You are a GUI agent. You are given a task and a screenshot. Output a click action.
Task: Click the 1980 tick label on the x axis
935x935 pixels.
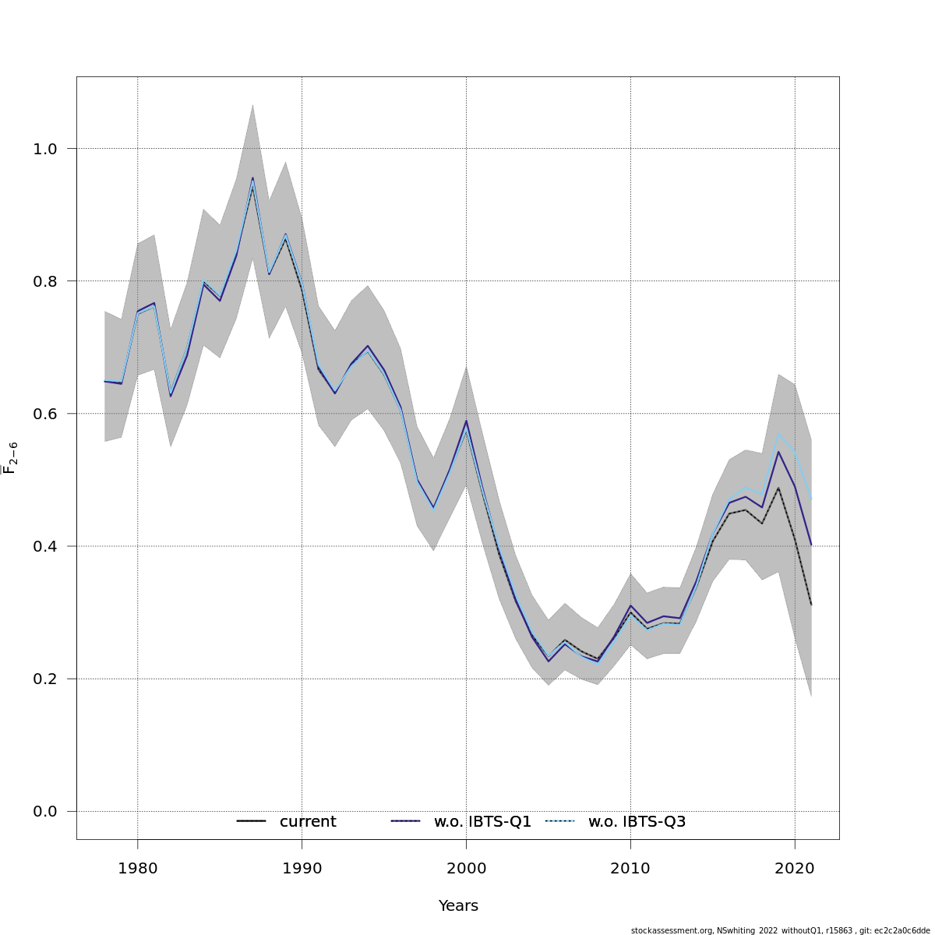point(137,867)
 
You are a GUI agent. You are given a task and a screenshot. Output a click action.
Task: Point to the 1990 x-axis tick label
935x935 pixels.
point(302,867)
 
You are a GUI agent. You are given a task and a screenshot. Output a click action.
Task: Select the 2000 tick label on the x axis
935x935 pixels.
point(466,867)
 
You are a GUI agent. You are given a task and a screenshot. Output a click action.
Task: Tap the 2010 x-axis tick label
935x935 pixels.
point(630,867)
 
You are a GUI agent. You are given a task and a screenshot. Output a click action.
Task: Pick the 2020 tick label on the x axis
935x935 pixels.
point(795,867)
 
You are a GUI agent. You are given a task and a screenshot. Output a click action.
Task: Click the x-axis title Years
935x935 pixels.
point(458,906)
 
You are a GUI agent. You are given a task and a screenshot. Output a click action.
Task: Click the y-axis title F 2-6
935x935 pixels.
point(11,458)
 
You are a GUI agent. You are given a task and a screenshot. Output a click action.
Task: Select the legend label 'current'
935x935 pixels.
point(308,822)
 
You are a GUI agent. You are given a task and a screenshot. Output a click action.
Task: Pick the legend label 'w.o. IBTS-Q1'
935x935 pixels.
point(482,822)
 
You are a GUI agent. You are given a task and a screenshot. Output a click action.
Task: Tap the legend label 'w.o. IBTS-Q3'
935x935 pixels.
point(637,822)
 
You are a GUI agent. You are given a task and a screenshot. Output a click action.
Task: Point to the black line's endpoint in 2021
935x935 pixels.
point(811,605)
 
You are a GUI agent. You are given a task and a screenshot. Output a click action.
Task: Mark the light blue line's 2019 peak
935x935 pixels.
point(778,432)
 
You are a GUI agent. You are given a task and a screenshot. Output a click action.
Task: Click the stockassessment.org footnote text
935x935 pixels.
point(780,930)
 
